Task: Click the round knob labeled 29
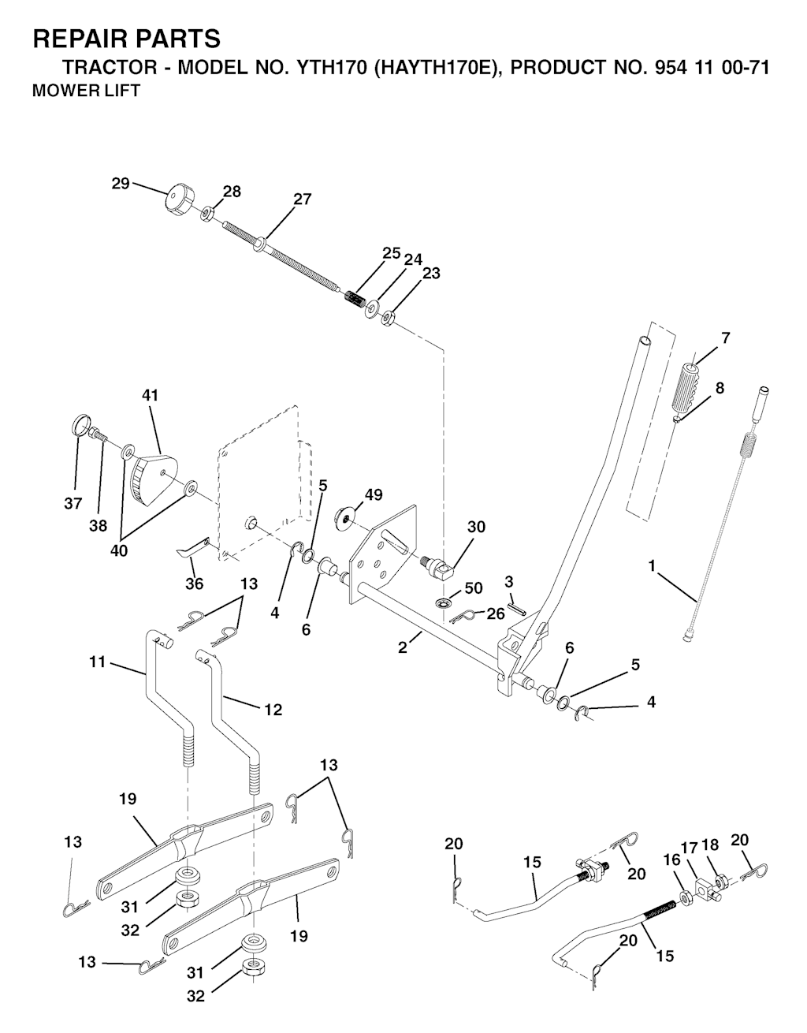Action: (180, 198)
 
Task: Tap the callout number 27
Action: (303, 200)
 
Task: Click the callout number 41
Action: (150, 395)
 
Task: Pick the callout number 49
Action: (374, 494)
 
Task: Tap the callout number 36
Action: (194, 584)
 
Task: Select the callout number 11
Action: (97, 662)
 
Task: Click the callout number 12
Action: (273, 710)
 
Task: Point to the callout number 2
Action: (403, 647)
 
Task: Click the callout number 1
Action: (652, 565)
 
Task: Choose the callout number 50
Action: (474, 589)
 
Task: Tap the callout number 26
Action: (496, 614)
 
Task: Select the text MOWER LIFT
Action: (85, 91)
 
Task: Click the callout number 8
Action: (720, 388)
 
